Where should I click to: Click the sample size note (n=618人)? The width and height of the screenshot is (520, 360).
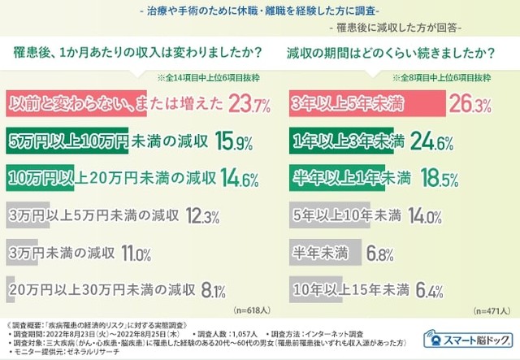[253, 310]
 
